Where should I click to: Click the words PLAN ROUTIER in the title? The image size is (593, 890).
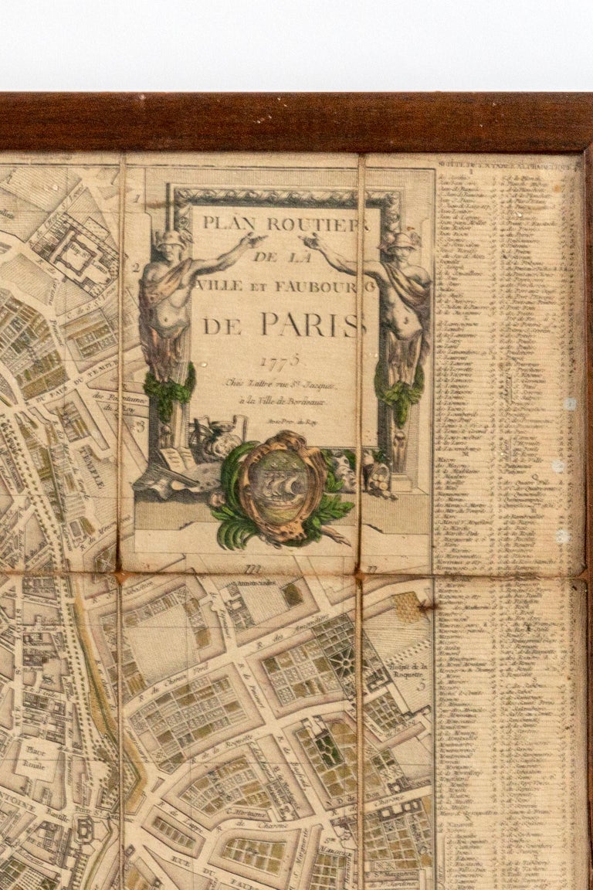[x=286, y=223]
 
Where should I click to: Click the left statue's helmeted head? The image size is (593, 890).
[x=171, y=242]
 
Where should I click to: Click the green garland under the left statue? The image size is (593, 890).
[x=169, y=390]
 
